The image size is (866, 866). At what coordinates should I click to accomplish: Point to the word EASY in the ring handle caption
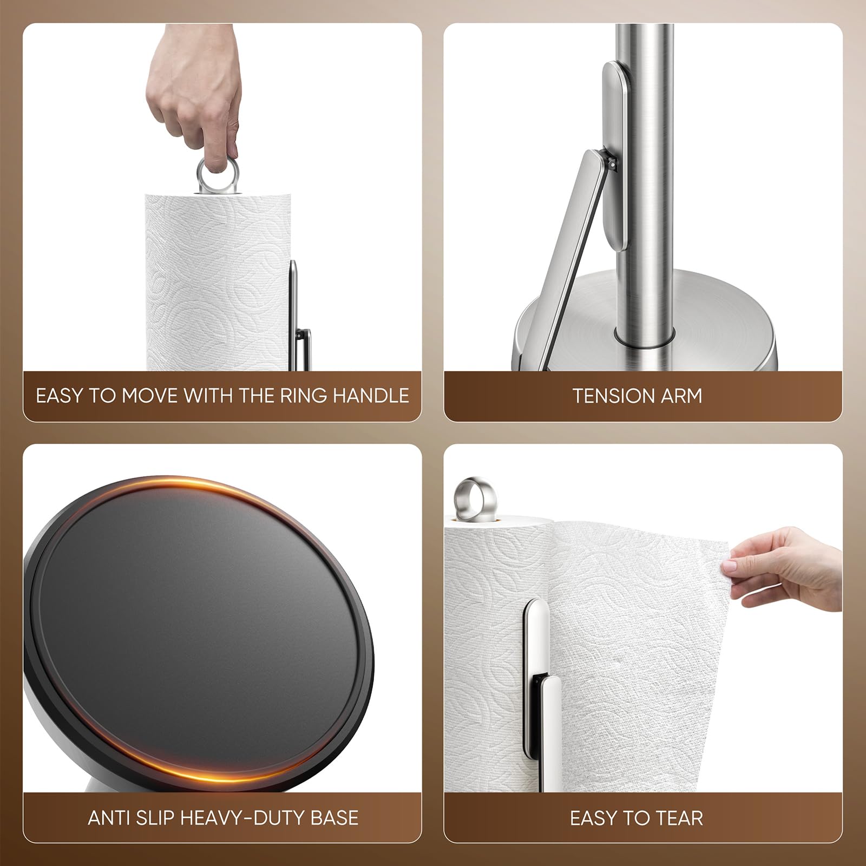click(x=58, y=396)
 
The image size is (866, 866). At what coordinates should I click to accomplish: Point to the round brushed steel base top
click(x=704, y=314)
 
